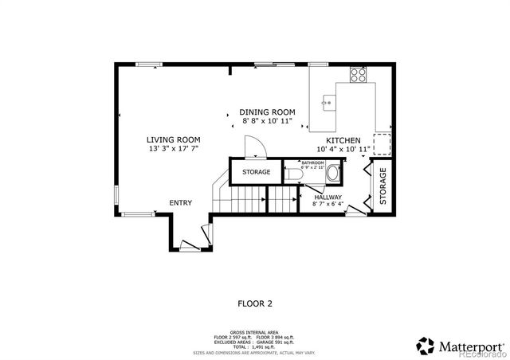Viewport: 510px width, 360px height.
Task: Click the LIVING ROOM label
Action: click(173, 139)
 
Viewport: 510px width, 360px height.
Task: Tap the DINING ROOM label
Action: click(268, 112)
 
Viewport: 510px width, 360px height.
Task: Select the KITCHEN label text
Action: click(343, 139)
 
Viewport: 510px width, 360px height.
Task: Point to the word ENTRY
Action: click(180, 203)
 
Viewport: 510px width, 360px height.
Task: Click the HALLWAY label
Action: click(328, 197)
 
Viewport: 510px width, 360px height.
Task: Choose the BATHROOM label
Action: click(312, 162)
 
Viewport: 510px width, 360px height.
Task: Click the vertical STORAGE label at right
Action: click(382, 186)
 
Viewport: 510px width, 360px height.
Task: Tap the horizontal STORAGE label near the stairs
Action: click(256, 172)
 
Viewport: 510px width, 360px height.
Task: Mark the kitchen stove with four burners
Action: click(358, 76)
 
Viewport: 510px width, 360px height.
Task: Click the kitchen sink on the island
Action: click(328, 102)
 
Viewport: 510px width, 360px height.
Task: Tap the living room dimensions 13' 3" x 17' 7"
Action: click(173, 148)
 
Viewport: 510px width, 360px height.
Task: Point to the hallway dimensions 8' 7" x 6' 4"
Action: click(328, 205)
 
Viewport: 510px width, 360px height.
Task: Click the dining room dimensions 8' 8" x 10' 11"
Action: click(268, 121)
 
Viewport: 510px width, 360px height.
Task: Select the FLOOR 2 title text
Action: click(255, 303)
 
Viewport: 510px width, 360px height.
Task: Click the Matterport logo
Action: click(460, 346)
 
